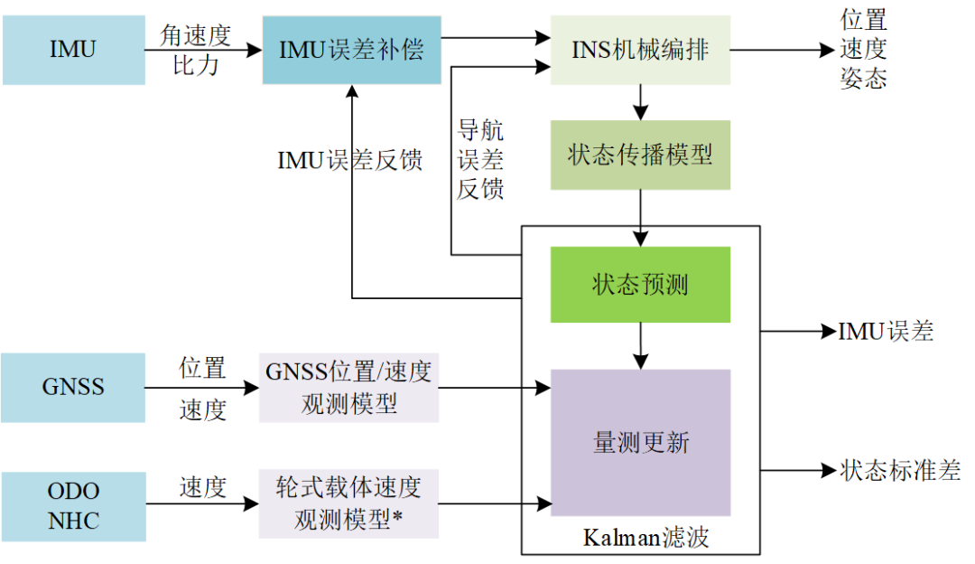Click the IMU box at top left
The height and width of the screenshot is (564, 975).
pos(73,50)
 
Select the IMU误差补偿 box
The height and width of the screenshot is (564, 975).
pos(351,50)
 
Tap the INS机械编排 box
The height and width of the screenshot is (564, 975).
pos(640,50)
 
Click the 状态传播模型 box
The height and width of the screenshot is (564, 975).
pos(640,155)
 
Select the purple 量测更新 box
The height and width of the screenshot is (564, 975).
pos(640,442)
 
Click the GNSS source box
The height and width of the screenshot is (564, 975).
pos(73,388)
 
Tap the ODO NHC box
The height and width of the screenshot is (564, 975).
pos(73,505)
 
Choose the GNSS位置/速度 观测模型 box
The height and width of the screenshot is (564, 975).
pos(348,388)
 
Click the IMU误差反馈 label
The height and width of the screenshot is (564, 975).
pos(350,161)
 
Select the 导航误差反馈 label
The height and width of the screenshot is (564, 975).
pos(480,160)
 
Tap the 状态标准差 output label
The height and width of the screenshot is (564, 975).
pos(900,470)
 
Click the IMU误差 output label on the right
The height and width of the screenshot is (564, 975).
pos(886,332)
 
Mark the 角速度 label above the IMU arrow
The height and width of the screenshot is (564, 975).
pos(196,35)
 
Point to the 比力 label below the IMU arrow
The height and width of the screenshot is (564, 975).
pos(196,65)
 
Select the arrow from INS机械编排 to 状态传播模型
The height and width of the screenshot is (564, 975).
pos(640,102)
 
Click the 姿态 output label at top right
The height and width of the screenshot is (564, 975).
pos(864,80)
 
